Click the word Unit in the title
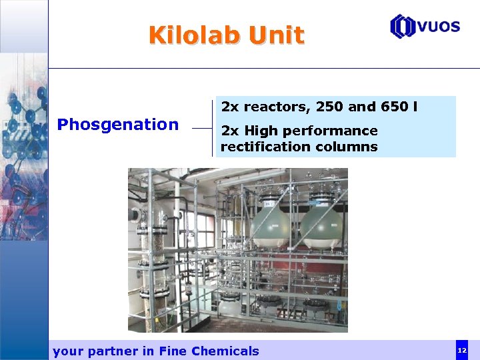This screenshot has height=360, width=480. coord(276,35)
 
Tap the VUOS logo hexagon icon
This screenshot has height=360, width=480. coord(403,27)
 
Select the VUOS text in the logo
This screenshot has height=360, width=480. coord(439,27)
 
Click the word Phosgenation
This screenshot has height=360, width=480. coord(118,124)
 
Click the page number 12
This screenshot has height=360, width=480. coord(461,350)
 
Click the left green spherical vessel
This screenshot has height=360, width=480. coord(270,226)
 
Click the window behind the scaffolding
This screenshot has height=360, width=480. coord(187,240)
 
